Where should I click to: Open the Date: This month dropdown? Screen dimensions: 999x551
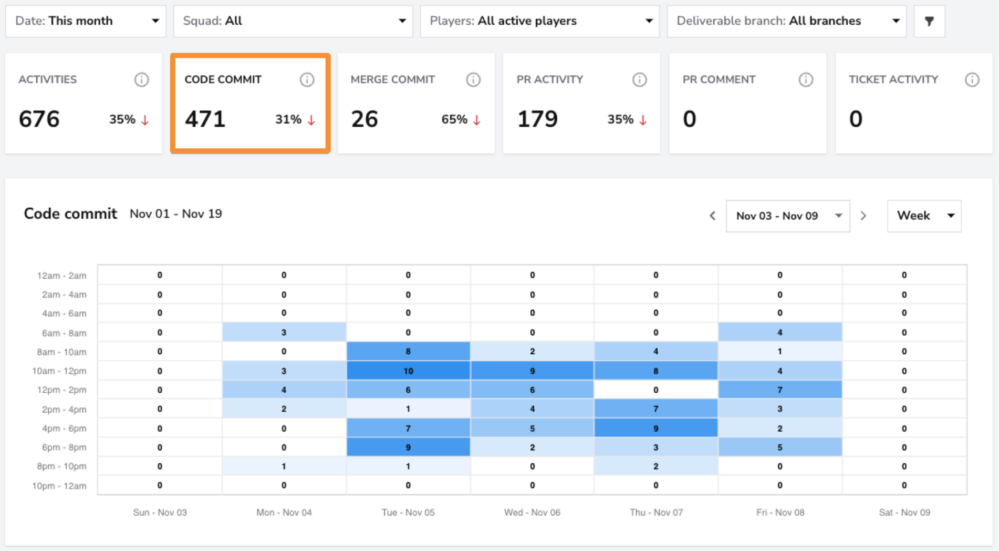86,21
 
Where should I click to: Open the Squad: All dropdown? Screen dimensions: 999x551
293,21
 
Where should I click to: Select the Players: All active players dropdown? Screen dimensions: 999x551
540,21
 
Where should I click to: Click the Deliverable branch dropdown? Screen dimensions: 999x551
787,21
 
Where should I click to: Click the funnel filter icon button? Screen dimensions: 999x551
929,21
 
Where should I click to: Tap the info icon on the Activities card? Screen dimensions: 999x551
141,79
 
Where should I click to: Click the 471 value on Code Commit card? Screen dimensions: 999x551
205,119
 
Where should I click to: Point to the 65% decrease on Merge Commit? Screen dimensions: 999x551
461,120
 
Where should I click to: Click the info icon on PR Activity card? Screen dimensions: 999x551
639,79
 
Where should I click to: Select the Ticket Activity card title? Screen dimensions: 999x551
893,79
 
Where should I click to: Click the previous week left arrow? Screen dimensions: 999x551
713,216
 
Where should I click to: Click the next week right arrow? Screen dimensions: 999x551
863,216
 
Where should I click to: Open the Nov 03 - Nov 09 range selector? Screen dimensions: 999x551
788,216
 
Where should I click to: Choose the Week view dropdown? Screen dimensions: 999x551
924,216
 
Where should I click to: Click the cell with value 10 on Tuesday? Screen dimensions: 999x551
408,371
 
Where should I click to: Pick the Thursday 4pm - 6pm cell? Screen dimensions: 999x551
656,428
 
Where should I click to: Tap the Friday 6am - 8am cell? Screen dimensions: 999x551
780,332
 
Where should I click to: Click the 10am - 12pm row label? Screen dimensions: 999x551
59,371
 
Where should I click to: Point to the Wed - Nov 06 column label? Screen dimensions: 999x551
532,512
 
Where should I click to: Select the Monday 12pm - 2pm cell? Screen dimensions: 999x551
284,390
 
